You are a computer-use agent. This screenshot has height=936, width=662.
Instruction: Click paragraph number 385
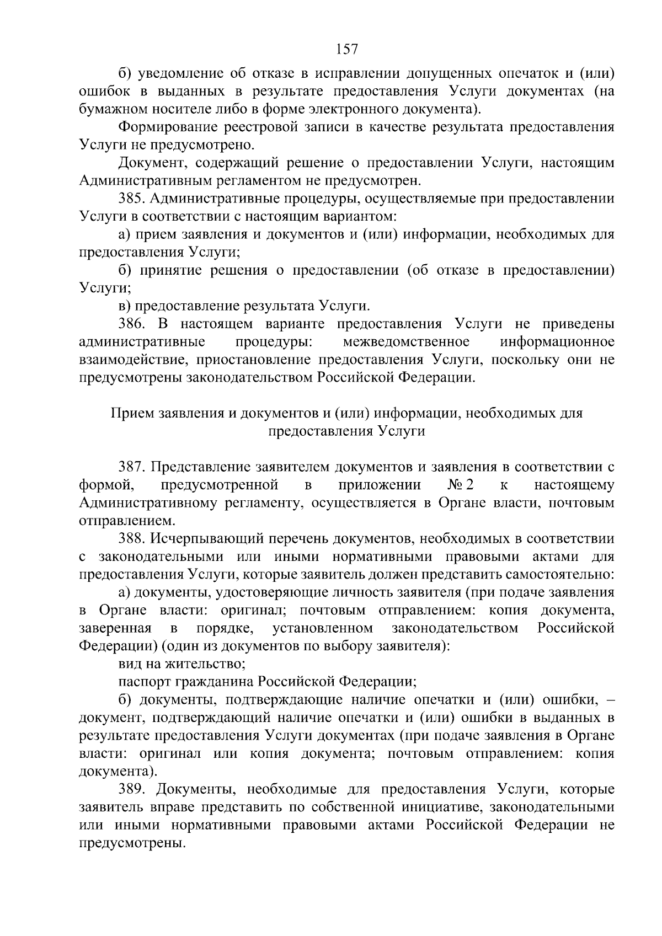(x=132, y=199)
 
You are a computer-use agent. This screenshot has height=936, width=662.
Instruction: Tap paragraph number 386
(x=132, y=324)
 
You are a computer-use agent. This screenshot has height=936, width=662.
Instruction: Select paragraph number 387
(x=132, y=467)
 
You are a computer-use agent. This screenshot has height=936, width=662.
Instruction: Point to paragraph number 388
(x=132, y=538)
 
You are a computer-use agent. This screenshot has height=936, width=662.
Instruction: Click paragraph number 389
(x=132, y=789)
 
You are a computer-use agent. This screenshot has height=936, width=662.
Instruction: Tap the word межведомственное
(x=406, y=342)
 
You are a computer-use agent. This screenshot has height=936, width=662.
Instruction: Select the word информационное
(x=557, y=342)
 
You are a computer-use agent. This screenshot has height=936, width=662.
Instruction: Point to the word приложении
(x=380, y=485)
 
